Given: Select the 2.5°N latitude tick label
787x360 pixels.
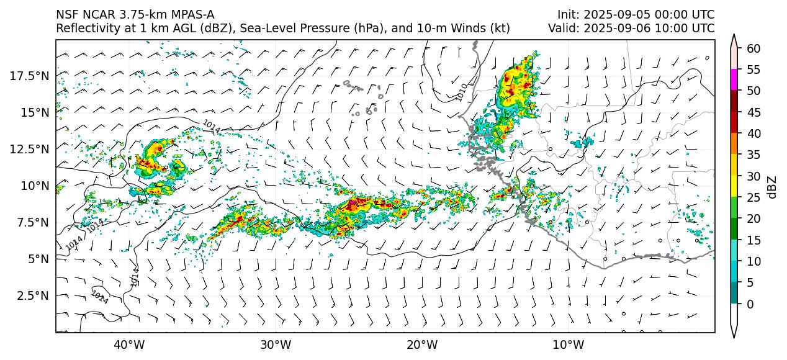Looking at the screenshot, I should [32, 295].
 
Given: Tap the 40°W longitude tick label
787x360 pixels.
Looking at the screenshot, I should [129, 344].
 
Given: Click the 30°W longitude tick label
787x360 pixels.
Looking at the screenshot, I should [276, 344].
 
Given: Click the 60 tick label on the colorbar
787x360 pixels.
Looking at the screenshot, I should [753, 48].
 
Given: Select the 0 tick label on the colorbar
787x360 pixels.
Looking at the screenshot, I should [750, 304].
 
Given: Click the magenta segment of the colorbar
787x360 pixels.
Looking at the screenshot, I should [734, 80].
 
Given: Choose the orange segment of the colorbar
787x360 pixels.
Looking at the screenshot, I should [734, 144].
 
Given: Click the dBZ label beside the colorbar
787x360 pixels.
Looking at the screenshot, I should [772, 186].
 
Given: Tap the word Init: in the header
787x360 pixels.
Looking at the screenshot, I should [568, 15].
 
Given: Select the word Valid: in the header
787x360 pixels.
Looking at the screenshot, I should [564, 29].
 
